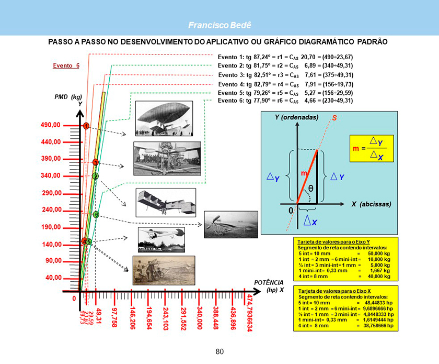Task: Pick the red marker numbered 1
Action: pos(86,126)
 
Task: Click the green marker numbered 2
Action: pos(96,176)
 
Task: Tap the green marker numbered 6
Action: pos(96,214)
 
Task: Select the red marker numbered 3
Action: pos(96,162)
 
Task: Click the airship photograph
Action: pos(160,118)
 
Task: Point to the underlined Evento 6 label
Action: pos(66,65)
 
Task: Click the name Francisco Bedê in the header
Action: pos(219,25)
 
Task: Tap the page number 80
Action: pos(219,351)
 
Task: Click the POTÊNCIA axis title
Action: pos(269,282)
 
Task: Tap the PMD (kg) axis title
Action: pos(68,97)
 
